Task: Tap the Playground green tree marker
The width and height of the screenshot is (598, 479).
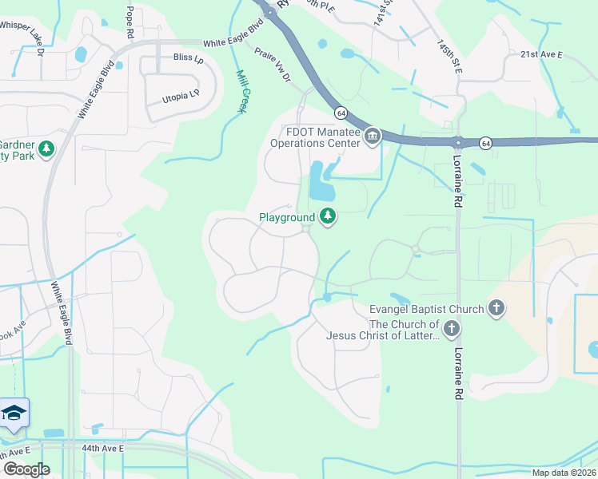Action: (x=327, y=216)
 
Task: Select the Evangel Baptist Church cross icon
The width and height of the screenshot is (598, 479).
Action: (x=496, y=309)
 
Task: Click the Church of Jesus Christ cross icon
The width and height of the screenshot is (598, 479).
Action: (x=452, y=329)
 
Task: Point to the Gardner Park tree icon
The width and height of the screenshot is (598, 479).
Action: (x=46, y=149)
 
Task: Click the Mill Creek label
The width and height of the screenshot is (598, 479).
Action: (x=241, y=92)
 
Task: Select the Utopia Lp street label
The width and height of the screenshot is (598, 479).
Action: (x=180, y=96)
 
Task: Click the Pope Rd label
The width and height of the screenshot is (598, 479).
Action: (x=130, y=23)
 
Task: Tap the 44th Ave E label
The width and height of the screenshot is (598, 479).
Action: (x=102, y=449)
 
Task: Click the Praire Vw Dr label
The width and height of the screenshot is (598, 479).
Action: (x=273, y=63)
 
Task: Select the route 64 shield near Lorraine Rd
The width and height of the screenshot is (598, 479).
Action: (x=485, y=143)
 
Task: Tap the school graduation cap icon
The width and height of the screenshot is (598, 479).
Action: (x=14, y=413)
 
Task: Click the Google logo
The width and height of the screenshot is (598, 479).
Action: (x=26, y=469)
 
